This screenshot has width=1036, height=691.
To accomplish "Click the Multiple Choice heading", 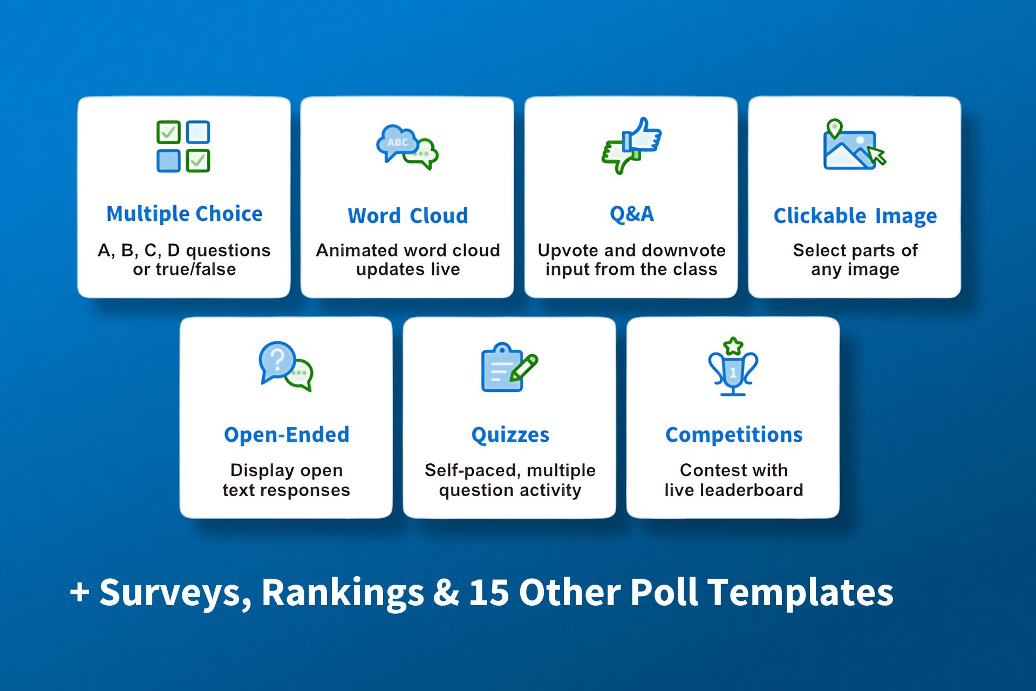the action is coord(185,214).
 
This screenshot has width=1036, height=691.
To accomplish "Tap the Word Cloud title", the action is coord(408,216).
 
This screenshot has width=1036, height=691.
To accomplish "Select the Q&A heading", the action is coord(632,214).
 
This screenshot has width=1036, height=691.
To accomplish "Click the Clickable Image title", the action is coord(855,216).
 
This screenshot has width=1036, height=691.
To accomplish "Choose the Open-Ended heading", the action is coord(287,435).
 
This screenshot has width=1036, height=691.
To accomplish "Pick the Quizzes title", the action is coord(510,435).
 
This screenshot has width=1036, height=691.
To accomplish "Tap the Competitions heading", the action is coord(734,435).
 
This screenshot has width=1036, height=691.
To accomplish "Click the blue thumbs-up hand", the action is coord(642,136).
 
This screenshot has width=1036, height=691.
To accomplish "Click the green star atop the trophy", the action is coord(733,346).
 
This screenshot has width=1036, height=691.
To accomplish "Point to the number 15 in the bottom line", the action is coord(489,592).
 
